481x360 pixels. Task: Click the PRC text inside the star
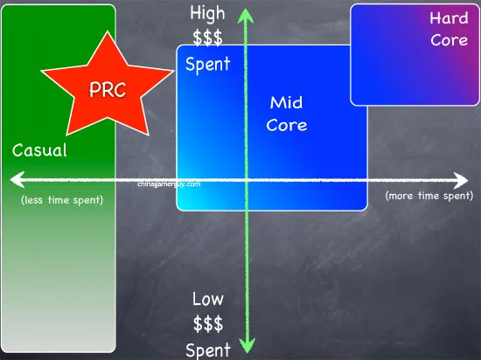(108, 89)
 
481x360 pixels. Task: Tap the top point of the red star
(108, 31)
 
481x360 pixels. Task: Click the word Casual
(39, 150)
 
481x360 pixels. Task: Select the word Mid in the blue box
(286, 102)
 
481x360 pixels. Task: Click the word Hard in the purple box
(449, 17)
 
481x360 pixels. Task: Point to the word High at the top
(207, 14)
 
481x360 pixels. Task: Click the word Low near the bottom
(208, 299)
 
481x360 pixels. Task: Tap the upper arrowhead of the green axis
(246, 16)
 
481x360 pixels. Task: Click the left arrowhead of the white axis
(17, 179)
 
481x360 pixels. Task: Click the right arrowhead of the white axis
(461, 181)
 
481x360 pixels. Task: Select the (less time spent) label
(62, 200)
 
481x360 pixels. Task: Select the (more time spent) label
(429, 196)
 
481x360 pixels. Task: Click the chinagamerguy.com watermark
(169, 184)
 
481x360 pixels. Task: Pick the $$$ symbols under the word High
(207, 38)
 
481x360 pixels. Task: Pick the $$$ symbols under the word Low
(208, 324)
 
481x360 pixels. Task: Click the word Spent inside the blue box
(207, 64)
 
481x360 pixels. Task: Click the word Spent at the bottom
(208, 350)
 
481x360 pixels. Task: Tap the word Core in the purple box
(450, 40)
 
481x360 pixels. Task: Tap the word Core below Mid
(287, 125)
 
